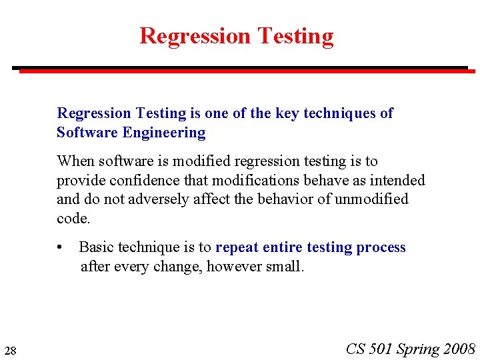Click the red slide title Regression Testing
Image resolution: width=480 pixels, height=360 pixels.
pyautogui.click(x=236, y=35)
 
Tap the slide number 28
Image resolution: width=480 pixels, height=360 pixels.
pyautogui.click(x=10, y=351)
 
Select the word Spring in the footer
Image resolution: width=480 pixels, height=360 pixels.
pyautogui.click(x=418, y=349)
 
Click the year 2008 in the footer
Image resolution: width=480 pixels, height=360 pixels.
pyautogui.click(x=460, y=349)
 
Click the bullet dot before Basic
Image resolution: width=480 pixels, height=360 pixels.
pyautogui.click(x=61, y=248)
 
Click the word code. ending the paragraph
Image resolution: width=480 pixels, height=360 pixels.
pyautogui.click(x=73, y=218)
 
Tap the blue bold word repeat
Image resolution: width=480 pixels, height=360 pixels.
pyautogui.click(x=237, y=247)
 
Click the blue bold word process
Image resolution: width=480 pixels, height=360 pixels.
pyautogui.click(x=381, y=247)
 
